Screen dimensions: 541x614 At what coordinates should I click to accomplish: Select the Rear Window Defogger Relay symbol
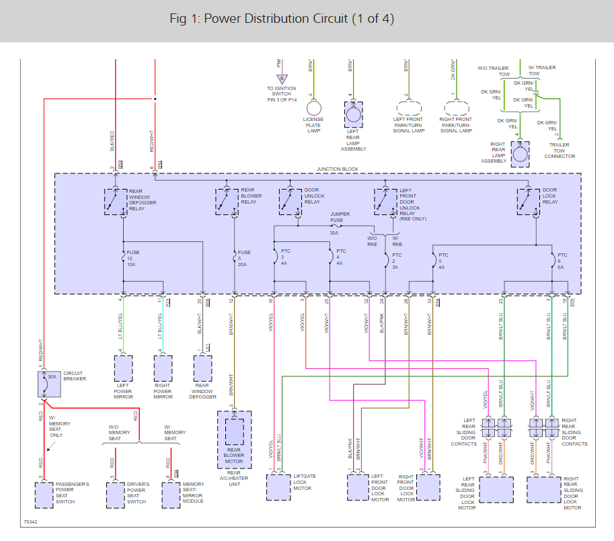[x=115, y=201]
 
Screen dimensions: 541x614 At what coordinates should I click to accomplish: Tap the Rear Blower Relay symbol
[x=227, y=201]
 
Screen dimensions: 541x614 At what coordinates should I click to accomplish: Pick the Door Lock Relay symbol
[x=528, y=201]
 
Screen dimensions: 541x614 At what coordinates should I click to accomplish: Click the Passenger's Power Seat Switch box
[x=44, y=494]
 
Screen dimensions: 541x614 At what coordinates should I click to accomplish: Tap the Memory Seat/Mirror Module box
[x=171, y=494]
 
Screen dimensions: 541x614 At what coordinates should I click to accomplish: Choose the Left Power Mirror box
[x=124, y=369]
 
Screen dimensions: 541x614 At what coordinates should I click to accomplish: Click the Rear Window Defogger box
[x=202, y=369]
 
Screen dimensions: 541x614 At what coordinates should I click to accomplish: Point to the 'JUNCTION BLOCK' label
[x=338, y=169]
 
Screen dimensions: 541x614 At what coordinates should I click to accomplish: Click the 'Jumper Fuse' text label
[x=340, y=217]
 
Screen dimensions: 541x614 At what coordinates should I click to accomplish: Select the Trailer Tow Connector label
[x=560, y=151]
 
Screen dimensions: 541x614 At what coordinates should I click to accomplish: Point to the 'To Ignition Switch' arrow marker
[x=282, y=79]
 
